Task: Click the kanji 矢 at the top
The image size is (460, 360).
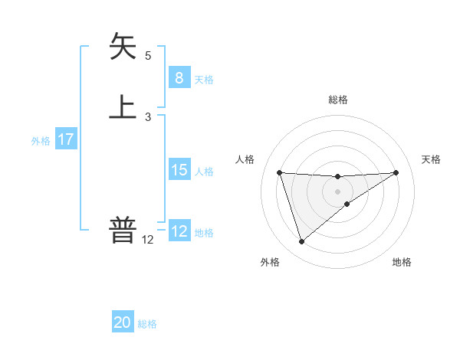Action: [x=123, y=47]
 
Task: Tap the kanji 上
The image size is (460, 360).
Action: [x=123, y=106]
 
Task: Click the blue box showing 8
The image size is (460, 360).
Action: [x=179, y=77]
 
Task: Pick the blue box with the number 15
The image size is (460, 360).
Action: [x=179, y=170]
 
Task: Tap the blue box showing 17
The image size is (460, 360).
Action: [x=65, y=140]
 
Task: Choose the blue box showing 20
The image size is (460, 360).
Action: [x=123, y=323]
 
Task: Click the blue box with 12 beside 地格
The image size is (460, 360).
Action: [x=179, y=231]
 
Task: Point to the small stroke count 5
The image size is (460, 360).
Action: [x=148, y=55]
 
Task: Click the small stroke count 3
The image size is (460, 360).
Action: [x=148, y=116]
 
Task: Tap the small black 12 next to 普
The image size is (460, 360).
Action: [x=148, y=240]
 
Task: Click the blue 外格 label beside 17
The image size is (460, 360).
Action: [x=41, y=141]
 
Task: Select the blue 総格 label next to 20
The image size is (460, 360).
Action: [x=147, y=324]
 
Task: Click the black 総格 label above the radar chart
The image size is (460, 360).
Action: [x=337, y=100]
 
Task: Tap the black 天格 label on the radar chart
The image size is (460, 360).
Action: [x=432, y=159]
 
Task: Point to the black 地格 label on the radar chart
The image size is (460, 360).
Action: [x=402, y=262]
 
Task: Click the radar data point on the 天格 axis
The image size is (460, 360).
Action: [x=396, y=172]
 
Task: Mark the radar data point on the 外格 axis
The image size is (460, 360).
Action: [x=301, y=242]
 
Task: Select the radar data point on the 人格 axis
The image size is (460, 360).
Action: [x=280, y=172]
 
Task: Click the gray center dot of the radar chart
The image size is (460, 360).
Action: [x=337, y=191]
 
